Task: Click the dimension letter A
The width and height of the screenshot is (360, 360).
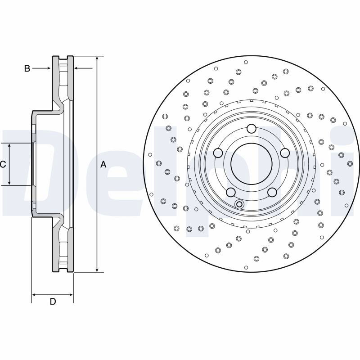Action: coord(103,164)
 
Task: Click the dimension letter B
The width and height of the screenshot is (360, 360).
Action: coord(27,68)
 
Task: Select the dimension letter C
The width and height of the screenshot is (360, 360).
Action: coord(3,164)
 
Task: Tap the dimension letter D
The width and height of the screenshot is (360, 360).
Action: coord(53,301)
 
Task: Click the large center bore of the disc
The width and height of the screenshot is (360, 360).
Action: coord(252,164)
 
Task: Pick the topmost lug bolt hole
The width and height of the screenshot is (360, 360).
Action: coord(252,129)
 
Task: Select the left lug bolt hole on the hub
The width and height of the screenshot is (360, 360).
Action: coord(218,153)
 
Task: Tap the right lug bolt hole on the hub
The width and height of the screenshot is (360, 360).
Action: coord(285,153)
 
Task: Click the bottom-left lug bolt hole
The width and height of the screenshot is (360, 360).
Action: coord(231,192)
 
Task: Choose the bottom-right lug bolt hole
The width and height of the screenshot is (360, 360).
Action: coord(272,192)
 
